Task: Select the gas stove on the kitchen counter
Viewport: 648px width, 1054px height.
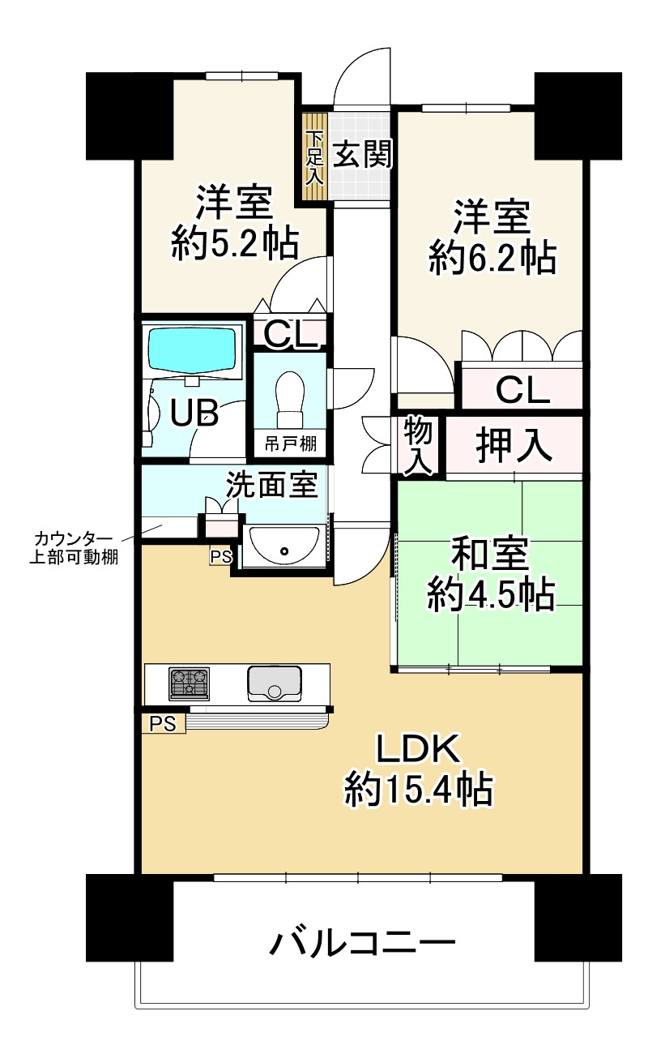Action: (x=189, y=684)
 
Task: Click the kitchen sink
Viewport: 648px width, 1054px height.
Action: (x=275, y=683)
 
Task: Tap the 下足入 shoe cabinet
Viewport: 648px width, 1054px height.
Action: (x=314, y=157)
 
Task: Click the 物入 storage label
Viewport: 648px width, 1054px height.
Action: (x=418, y=444)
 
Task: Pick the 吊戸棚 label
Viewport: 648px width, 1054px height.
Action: (x=290, y=443)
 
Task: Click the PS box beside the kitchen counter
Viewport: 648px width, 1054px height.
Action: (x=163, y=723)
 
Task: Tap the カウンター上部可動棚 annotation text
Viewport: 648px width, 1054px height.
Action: (x=74, y=548)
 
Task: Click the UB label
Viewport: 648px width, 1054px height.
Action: (x=194, y=413)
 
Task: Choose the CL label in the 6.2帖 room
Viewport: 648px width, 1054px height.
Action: (x=523, y=390)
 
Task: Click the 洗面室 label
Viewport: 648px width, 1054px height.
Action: (x=272, y=484)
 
